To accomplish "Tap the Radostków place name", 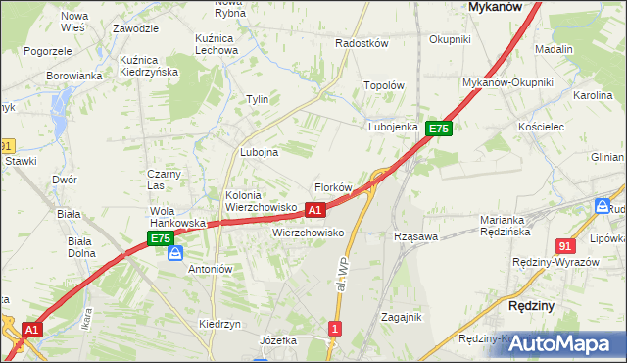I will pos(362,44).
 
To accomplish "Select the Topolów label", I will pos(384,86).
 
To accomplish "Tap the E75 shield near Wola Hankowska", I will pos(161,238).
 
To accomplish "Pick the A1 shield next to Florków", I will pos(315,210).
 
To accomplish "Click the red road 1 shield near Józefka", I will pos(336,330).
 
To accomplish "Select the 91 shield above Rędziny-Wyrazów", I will pos(565,246).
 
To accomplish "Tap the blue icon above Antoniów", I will pos(174,253).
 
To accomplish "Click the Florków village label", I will pos(332,187).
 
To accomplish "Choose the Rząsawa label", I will pos(413,236).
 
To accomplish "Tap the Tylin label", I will pos(257,100).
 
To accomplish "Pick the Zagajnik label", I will pos(401,317).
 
